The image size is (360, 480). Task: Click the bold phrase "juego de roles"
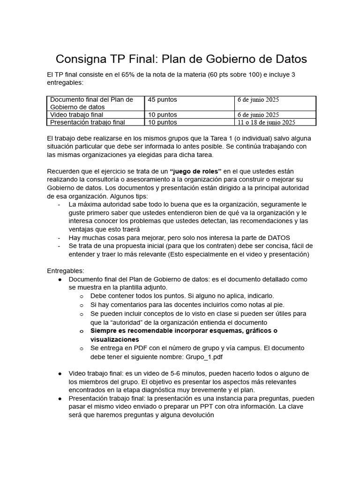[195, 171]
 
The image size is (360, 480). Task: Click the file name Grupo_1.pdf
[205, 356]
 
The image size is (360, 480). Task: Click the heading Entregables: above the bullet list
[66, 271]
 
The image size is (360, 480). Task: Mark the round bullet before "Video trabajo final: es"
[60, 373]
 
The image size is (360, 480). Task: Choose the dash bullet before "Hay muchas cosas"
[59, 238]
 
